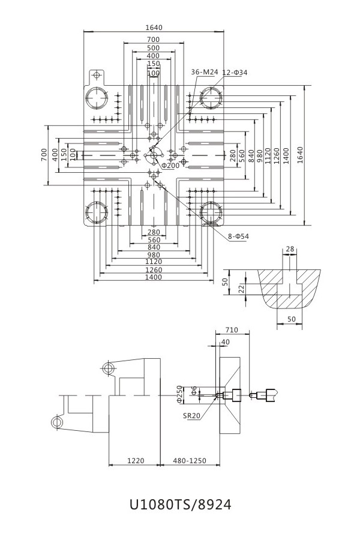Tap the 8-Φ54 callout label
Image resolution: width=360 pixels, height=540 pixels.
click(238, 236)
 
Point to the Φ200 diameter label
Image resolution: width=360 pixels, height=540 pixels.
click(170, 165)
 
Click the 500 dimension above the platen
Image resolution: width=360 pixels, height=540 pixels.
click(153, 48)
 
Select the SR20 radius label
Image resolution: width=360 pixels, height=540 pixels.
click(191, 414)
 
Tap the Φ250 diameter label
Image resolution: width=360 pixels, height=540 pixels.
click(179, 394)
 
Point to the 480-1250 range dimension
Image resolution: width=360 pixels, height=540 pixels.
click(190, 461)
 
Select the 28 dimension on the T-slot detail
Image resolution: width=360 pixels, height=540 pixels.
click(290, 248)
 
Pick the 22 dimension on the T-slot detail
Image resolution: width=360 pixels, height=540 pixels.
click(241, 289)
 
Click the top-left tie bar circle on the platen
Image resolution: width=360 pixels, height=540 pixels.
click(96, 98)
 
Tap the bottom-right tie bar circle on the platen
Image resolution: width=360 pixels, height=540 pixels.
click(211, 212)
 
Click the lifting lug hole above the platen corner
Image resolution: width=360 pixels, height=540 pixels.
click(96, 75)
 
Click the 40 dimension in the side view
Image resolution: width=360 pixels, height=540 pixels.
click(225, 341)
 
